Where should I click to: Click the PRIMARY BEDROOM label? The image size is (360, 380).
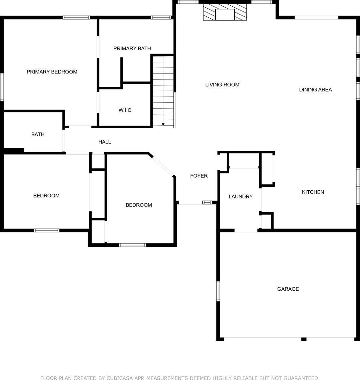52,72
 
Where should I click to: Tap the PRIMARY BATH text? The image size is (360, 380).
132,48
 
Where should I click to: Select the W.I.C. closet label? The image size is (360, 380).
125,110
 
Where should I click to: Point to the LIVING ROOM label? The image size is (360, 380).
222,85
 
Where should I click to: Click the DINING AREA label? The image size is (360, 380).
315,90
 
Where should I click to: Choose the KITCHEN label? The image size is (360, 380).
313,192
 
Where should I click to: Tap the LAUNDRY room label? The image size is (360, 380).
241,197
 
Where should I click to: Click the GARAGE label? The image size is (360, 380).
288,289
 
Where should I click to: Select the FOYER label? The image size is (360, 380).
199,176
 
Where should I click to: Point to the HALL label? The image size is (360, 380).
104,142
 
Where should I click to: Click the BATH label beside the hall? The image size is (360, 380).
38,135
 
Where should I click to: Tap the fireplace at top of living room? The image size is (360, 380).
225,13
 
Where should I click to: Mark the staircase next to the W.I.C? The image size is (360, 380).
163,90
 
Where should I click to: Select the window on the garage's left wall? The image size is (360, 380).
218,291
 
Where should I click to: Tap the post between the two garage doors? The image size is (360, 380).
304,339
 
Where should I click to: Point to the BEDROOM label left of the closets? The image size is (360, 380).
46,196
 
